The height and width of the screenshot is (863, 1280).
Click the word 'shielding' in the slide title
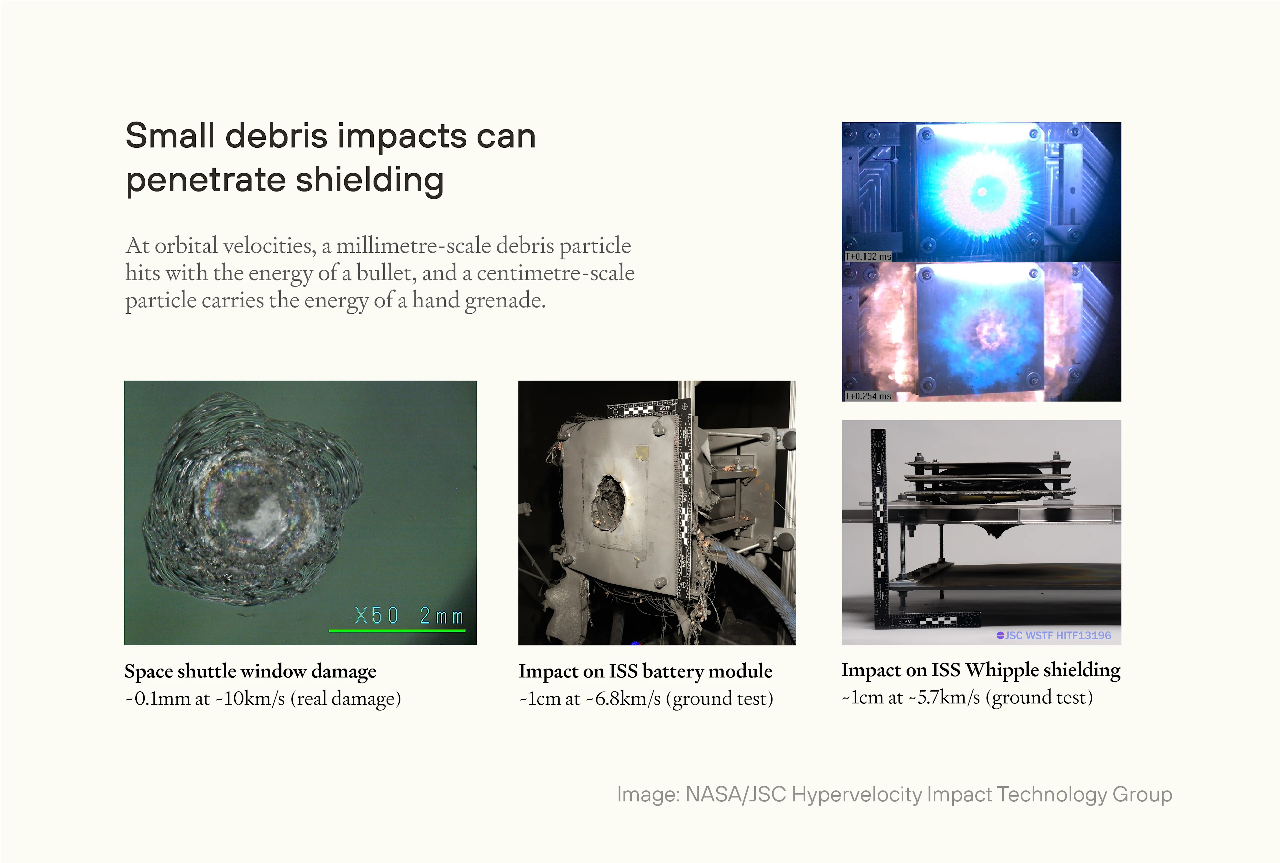[x=370, y=181]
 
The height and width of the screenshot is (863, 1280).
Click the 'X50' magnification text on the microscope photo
[x=376, y=615]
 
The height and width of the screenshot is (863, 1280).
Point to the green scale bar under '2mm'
[x=397, y=630]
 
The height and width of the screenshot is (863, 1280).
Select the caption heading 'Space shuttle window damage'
[x=250, y=671]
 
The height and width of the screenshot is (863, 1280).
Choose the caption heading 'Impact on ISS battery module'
[x=645, y=671]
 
